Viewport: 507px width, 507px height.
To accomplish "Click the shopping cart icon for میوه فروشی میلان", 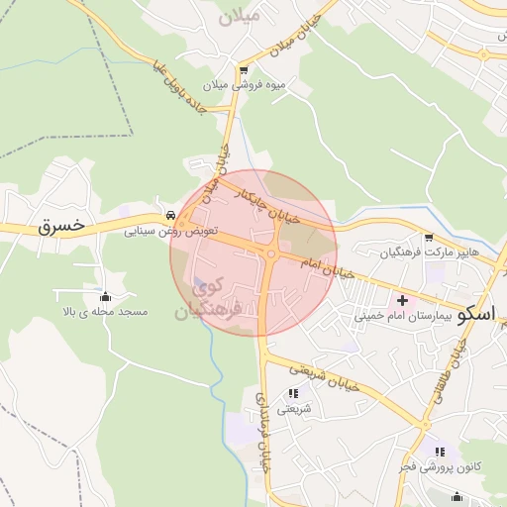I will pos(244,70).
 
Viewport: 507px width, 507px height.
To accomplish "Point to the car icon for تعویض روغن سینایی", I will pos(171,215).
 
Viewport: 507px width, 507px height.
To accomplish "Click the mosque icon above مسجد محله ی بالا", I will pos(106,296).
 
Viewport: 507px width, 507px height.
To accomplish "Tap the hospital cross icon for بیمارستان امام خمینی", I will pos(402,300).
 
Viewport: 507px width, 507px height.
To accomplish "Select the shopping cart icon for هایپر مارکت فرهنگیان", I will pos(428,238).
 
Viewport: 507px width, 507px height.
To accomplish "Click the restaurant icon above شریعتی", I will pos(292,393).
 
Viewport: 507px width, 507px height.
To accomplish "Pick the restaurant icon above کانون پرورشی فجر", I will pos(440,452).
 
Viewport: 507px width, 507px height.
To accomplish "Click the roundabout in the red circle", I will pos(271,253).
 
